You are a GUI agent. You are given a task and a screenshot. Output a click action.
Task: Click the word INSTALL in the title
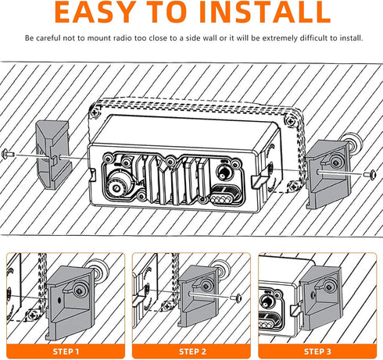click(x=265, y=12)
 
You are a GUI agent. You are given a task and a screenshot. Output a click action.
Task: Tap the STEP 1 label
click(x=66, y=351)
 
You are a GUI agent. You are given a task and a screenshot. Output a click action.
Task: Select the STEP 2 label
click(x=192, y=351)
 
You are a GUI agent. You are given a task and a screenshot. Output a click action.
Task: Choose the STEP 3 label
click(x=317, y=351)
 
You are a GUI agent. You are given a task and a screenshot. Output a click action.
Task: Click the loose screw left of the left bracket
click(x=8, y=154)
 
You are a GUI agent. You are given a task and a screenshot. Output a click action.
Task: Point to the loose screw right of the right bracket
click(x=370, y=173)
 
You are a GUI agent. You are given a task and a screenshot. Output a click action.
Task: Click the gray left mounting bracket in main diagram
click(x=53, y=155)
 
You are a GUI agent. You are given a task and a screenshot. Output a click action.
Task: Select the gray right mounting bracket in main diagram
click(x=328, y=174)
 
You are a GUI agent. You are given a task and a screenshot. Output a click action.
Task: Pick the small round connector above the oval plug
click(x=224, y=173)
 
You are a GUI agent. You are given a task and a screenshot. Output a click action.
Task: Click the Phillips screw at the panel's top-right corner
click(x=291, y=121)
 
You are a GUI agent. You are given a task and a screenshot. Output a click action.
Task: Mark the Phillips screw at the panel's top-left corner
click(x=94, y=112)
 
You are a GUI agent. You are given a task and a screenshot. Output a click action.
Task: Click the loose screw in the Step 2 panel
click(x=236, y=298)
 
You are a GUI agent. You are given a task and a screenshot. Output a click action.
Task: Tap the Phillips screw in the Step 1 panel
click(x=33, y=315)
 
